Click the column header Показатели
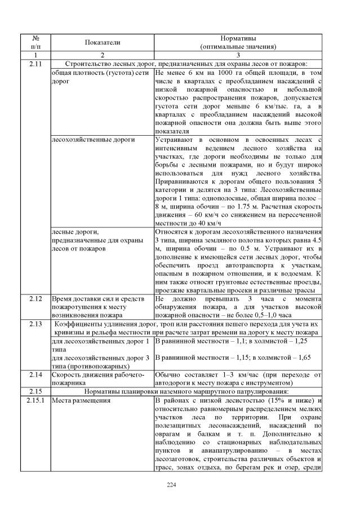pyautogui.click(x=102, y=42)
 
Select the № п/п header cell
pyautogui.click(x=35, y=42)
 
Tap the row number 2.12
pyautogui.click(x=35, y=298)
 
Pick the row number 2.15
pyautogui.click(x=35, y=391)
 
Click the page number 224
pyautogui.click(x=180, y=485)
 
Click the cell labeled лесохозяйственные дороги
pyautogui.click(x=85, y=139)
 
